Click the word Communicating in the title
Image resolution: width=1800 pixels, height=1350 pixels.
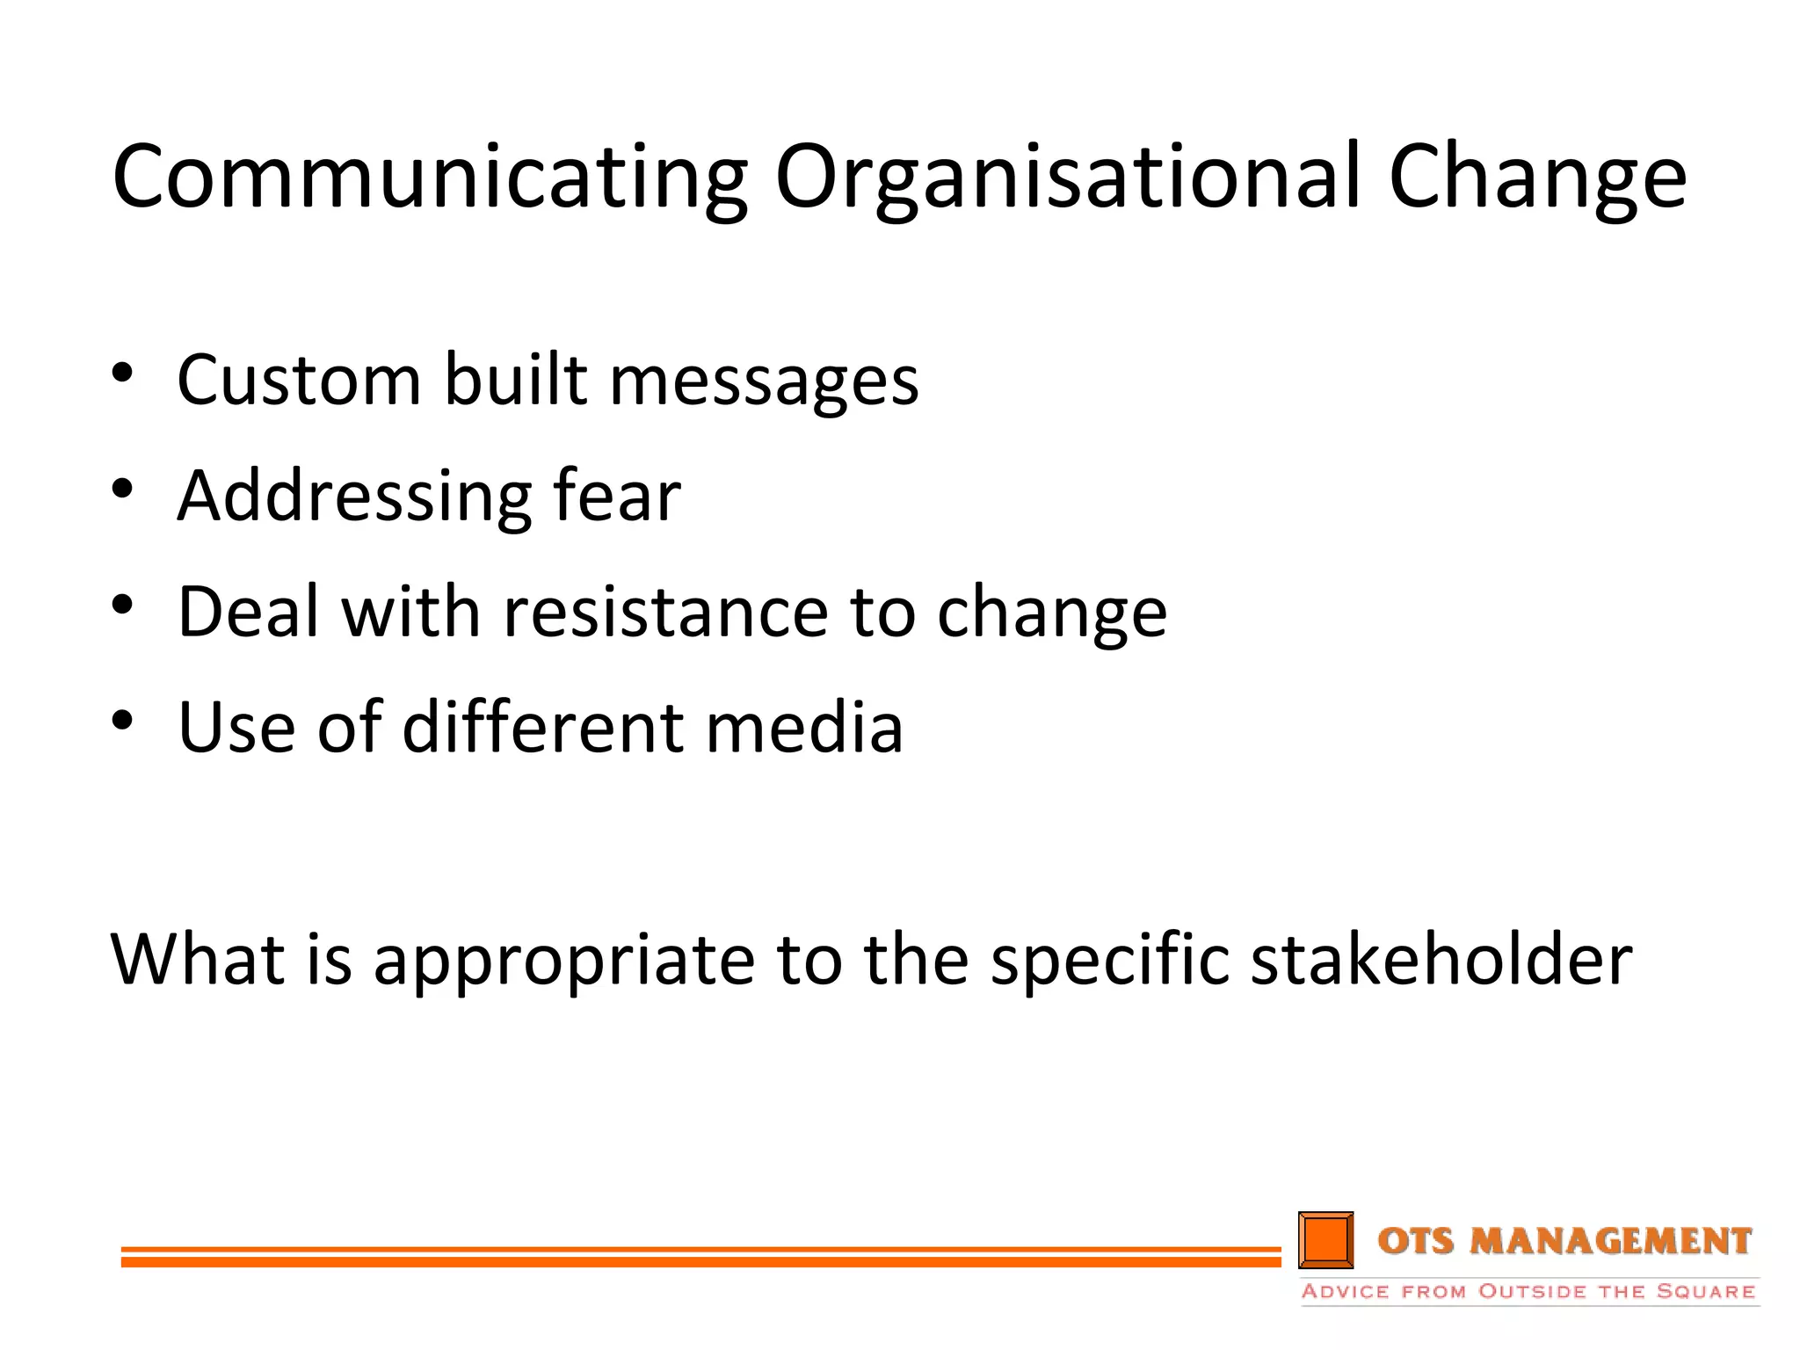point(430,178)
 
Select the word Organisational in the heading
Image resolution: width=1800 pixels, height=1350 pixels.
point(1068,178)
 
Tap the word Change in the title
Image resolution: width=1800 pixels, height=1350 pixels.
point(1537,178)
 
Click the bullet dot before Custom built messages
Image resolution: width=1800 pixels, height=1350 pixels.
point(122,373)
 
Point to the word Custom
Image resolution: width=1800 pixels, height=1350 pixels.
point(300,381)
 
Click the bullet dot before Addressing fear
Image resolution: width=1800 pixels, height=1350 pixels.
point(122,489)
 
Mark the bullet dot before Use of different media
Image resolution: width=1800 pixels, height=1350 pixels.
point(122,721)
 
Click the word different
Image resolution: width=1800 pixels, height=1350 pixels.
point(542,728)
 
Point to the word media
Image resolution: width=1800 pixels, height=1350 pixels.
point(803,728)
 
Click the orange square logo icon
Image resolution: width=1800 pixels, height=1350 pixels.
point(1325,1240)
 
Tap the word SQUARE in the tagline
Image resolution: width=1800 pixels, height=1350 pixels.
point(1705,1291)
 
